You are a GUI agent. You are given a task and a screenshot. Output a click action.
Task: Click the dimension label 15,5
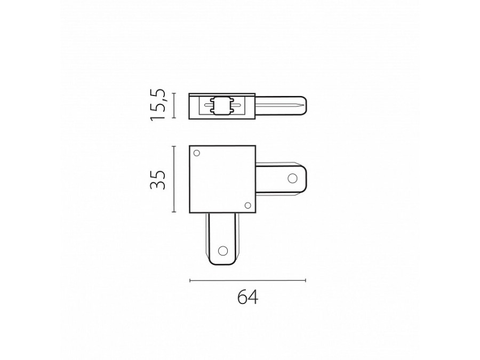[158, 105]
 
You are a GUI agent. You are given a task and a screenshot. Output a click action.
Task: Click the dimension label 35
[158, 180]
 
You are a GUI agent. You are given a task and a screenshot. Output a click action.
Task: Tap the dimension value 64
[247, 297]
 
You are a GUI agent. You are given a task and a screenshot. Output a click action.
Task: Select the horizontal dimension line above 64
[247, 280]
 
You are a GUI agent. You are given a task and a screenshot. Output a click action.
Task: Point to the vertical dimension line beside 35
[174, 179]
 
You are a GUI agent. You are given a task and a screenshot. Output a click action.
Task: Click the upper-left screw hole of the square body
[196, 153]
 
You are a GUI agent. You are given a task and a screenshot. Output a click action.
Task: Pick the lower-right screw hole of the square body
[248, 205]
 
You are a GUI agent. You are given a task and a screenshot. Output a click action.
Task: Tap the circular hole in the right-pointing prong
[293, 178]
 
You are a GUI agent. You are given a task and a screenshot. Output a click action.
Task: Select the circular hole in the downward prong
[222, 251]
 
